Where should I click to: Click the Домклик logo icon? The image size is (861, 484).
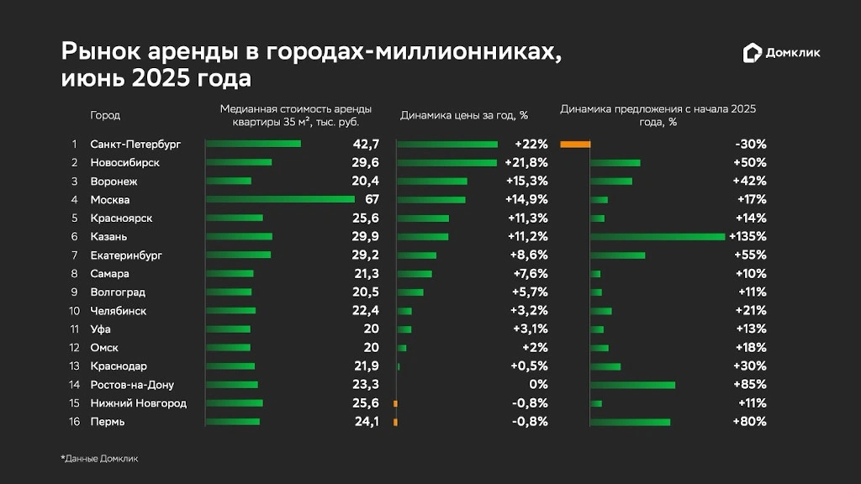coord(752,53)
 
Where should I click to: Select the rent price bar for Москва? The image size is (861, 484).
coord(280,199)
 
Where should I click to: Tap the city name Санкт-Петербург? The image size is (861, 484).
coord(135,144)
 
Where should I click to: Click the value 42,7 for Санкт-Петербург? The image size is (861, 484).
coord(367,144)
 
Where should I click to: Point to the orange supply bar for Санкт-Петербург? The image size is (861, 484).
coord(575,144)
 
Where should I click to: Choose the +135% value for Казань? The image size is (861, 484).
coord(747,236)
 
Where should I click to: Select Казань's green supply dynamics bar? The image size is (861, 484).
coord(658,236)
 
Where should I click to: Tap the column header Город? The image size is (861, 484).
coord(105,115)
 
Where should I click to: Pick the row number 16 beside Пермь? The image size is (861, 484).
coord(74,421)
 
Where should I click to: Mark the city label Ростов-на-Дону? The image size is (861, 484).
coord(132,384)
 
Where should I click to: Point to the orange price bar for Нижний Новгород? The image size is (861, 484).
coord(395,402)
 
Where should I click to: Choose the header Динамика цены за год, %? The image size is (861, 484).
coord(463,115)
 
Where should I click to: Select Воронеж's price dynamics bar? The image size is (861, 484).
coord(431,181)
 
